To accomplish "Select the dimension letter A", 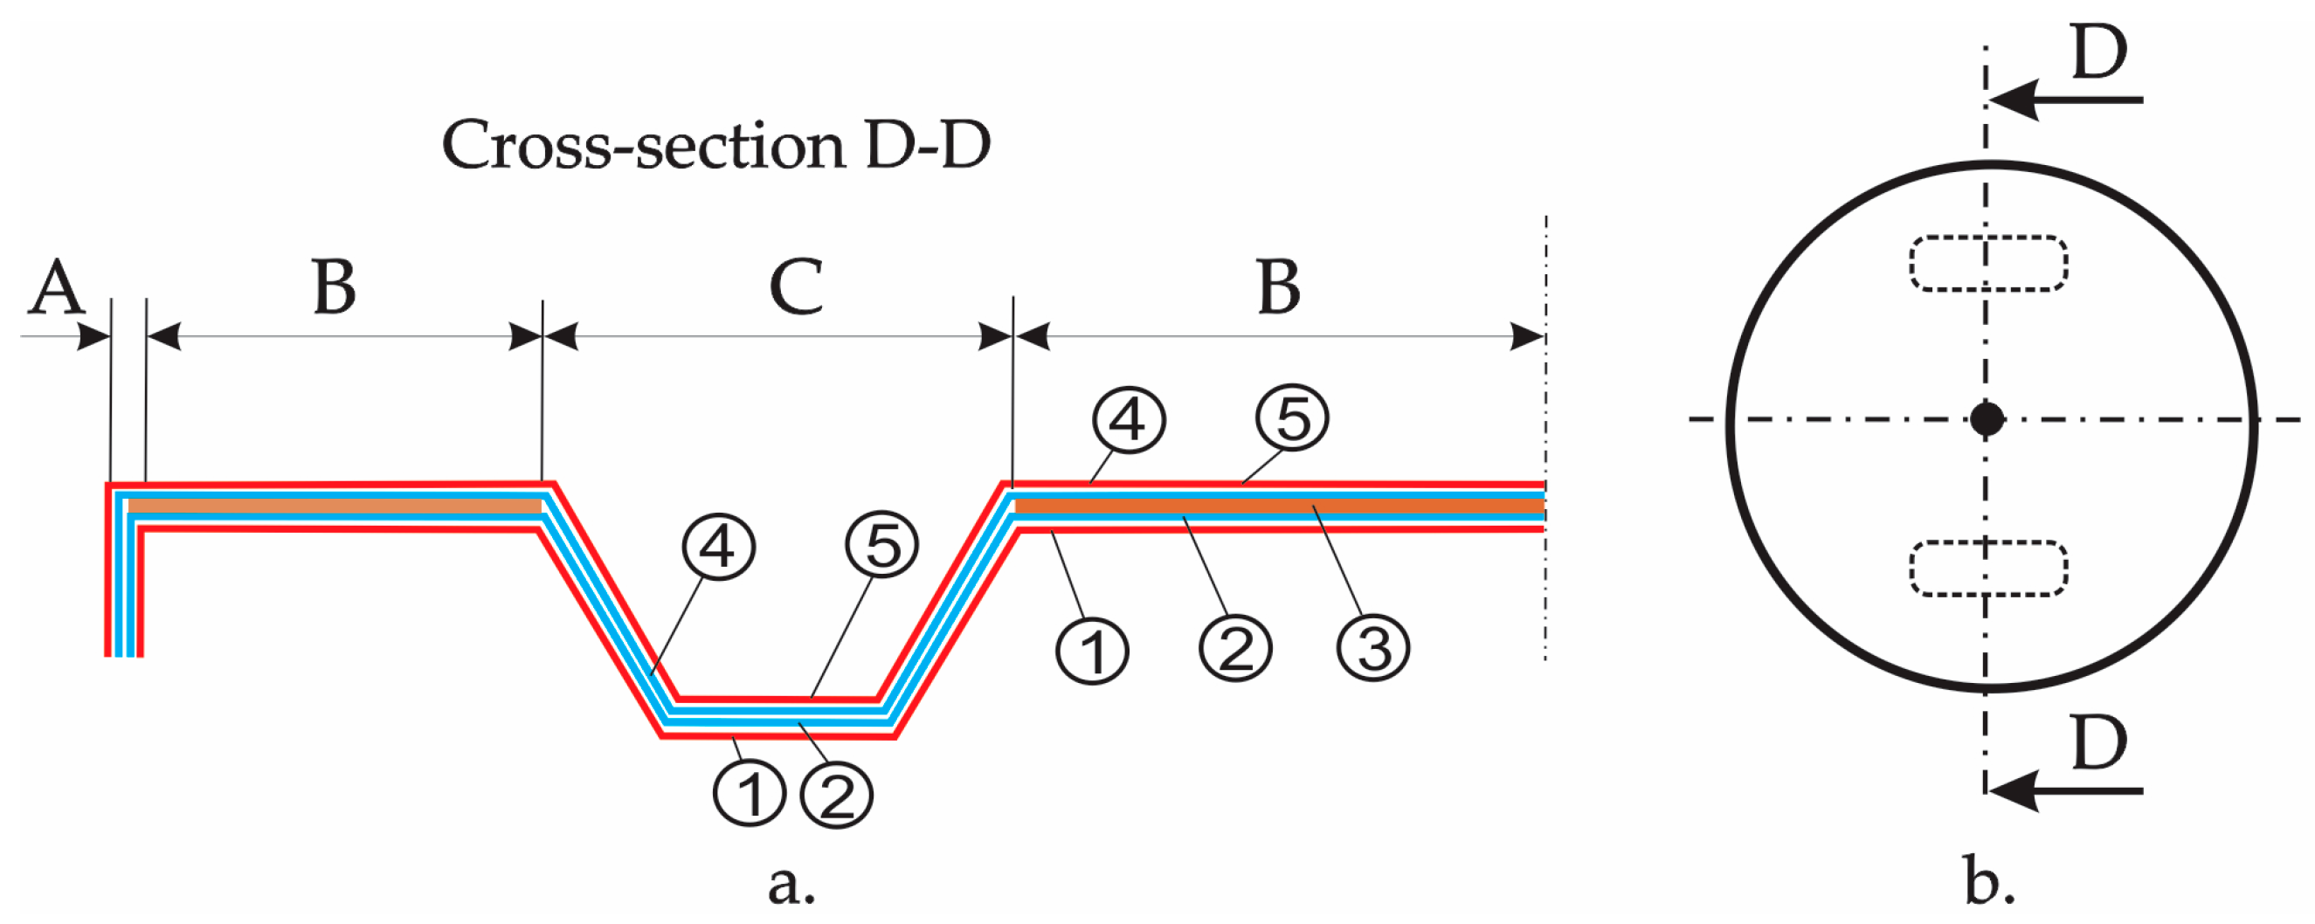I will [56, 287].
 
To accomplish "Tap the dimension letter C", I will [796, 287].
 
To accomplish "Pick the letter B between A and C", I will [335, 287].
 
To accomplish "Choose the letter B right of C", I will [1279, 287].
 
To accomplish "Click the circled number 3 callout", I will [1372, 648].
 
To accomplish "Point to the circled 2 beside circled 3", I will [1235, 648].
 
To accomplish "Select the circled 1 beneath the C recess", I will [750, 794].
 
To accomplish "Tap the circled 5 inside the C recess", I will [881, 546].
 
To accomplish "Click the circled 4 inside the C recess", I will [718, 547].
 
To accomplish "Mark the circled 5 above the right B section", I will [1292, 418].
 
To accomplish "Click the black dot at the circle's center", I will [1987, 419].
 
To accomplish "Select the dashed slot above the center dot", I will [1988, 264].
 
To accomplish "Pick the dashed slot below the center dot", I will [1988, 568].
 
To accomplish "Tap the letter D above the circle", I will [2099, 52].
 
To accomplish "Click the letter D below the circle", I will [2099, 743].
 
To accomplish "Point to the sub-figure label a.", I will [791, 885].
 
